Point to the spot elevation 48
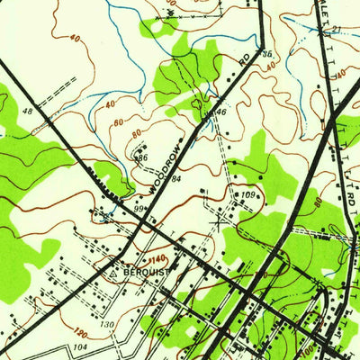coord(27,112)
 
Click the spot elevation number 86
coord(140,157)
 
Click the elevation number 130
coord(107,324)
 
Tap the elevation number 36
coord(266,54)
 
